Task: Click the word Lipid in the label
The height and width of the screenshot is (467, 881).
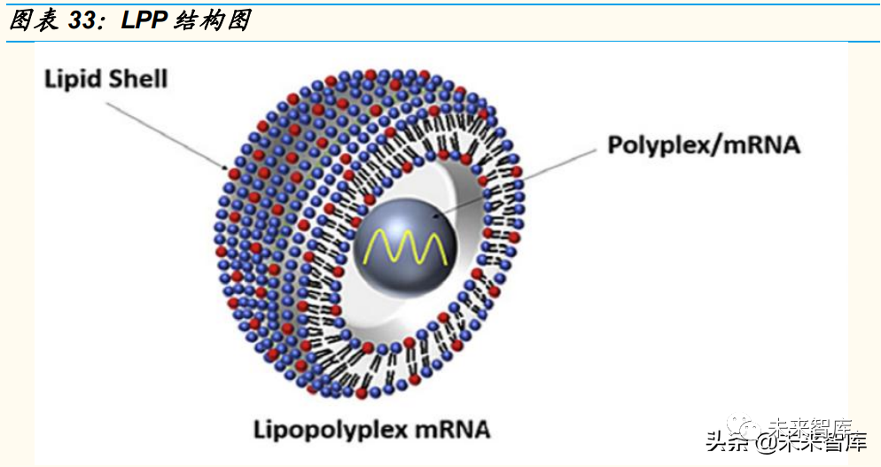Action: [x=74, y=79]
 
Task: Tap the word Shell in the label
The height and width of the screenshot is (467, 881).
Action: [x=137, y=79]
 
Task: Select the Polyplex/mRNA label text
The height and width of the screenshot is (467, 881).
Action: [x=703, y=144]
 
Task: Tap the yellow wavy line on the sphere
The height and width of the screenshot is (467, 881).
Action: [x=406, y=247]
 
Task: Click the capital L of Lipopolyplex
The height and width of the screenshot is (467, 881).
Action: [x=260, y=431]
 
